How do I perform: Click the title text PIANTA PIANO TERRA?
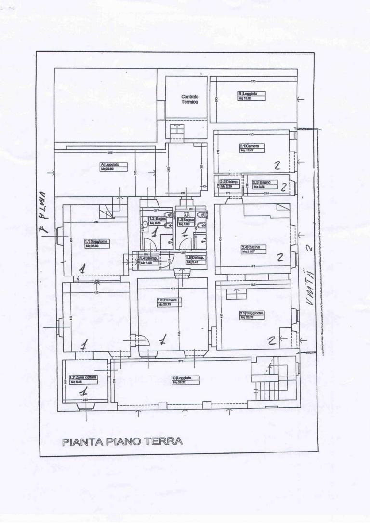click(x=122, y=441)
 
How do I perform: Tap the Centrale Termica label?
click(x=186, y=100)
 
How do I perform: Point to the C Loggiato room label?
click(x=184, y=380)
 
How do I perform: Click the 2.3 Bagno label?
click(x=265, y=184)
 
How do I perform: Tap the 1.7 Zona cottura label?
click(x=83, y=379)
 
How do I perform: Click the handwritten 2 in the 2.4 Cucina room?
click(x=279, y=257)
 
